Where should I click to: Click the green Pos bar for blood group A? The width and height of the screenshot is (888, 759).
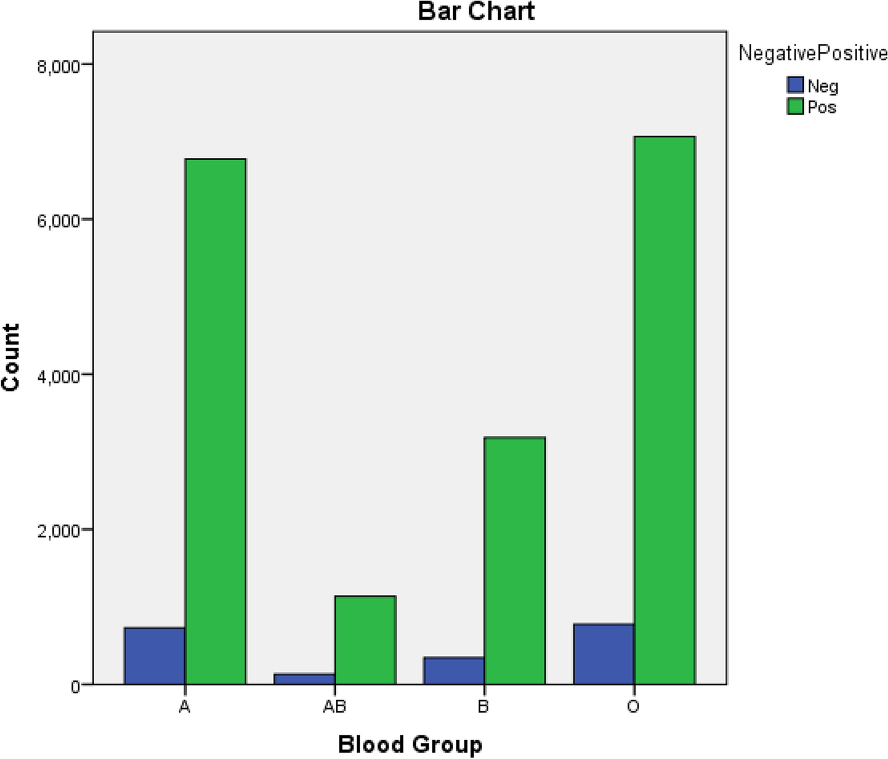[x=215, y=421]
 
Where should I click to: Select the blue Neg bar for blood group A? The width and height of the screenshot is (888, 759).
[x=155, y=656]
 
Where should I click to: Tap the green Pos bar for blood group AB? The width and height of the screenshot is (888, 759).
[x=365, y=640]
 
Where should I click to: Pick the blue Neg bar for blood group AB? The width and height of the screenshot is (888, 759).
[x=304, y=679]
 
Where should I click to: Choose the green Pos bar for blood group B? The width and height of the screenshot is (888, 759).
[x=514, y=561]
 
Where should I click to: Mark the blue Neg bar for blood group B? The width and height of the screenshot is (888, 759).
[x=454, y=671]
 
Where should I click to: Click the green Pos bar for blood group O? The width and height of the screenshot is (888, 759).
[x=664, y=410]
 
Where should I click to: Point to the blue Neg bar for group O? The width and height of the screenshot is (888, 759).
[x=604, y=654]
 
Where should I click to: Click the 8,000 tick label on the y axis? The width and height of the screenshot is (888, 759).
[x=58, y=66]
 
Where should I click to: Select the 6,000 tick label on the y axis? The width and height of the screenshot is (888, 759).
[x=58, y=221]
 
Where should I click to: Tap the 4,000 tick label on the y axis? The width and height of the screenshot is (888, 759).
[x=58, y=376]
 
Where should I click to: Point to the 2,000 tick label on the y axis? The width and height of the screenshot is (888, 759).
[x=58, y=531]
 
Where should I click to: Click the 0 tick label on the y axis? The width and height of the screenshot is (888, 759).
[x=75, y=687]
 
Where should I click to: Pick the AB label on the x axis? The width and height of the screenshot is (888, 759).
[x=334, y=707]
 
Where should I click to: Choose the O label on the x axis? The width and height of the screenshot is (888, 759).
[x=633, y=707]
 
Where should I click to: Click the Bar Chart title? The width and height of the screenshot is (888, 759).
[x=476, y=12]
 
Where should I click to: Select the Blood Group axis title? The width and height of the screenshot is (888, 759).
[x=410, y=744]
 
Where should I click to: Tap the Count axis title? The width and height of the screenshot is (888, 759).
[x=11, y=357]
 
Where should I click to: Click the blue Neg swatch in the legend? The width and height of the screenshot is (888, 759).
[x=795, y=85]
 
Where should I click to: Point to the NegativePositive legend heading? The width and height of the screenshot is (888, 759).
[x=813, y=53]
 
